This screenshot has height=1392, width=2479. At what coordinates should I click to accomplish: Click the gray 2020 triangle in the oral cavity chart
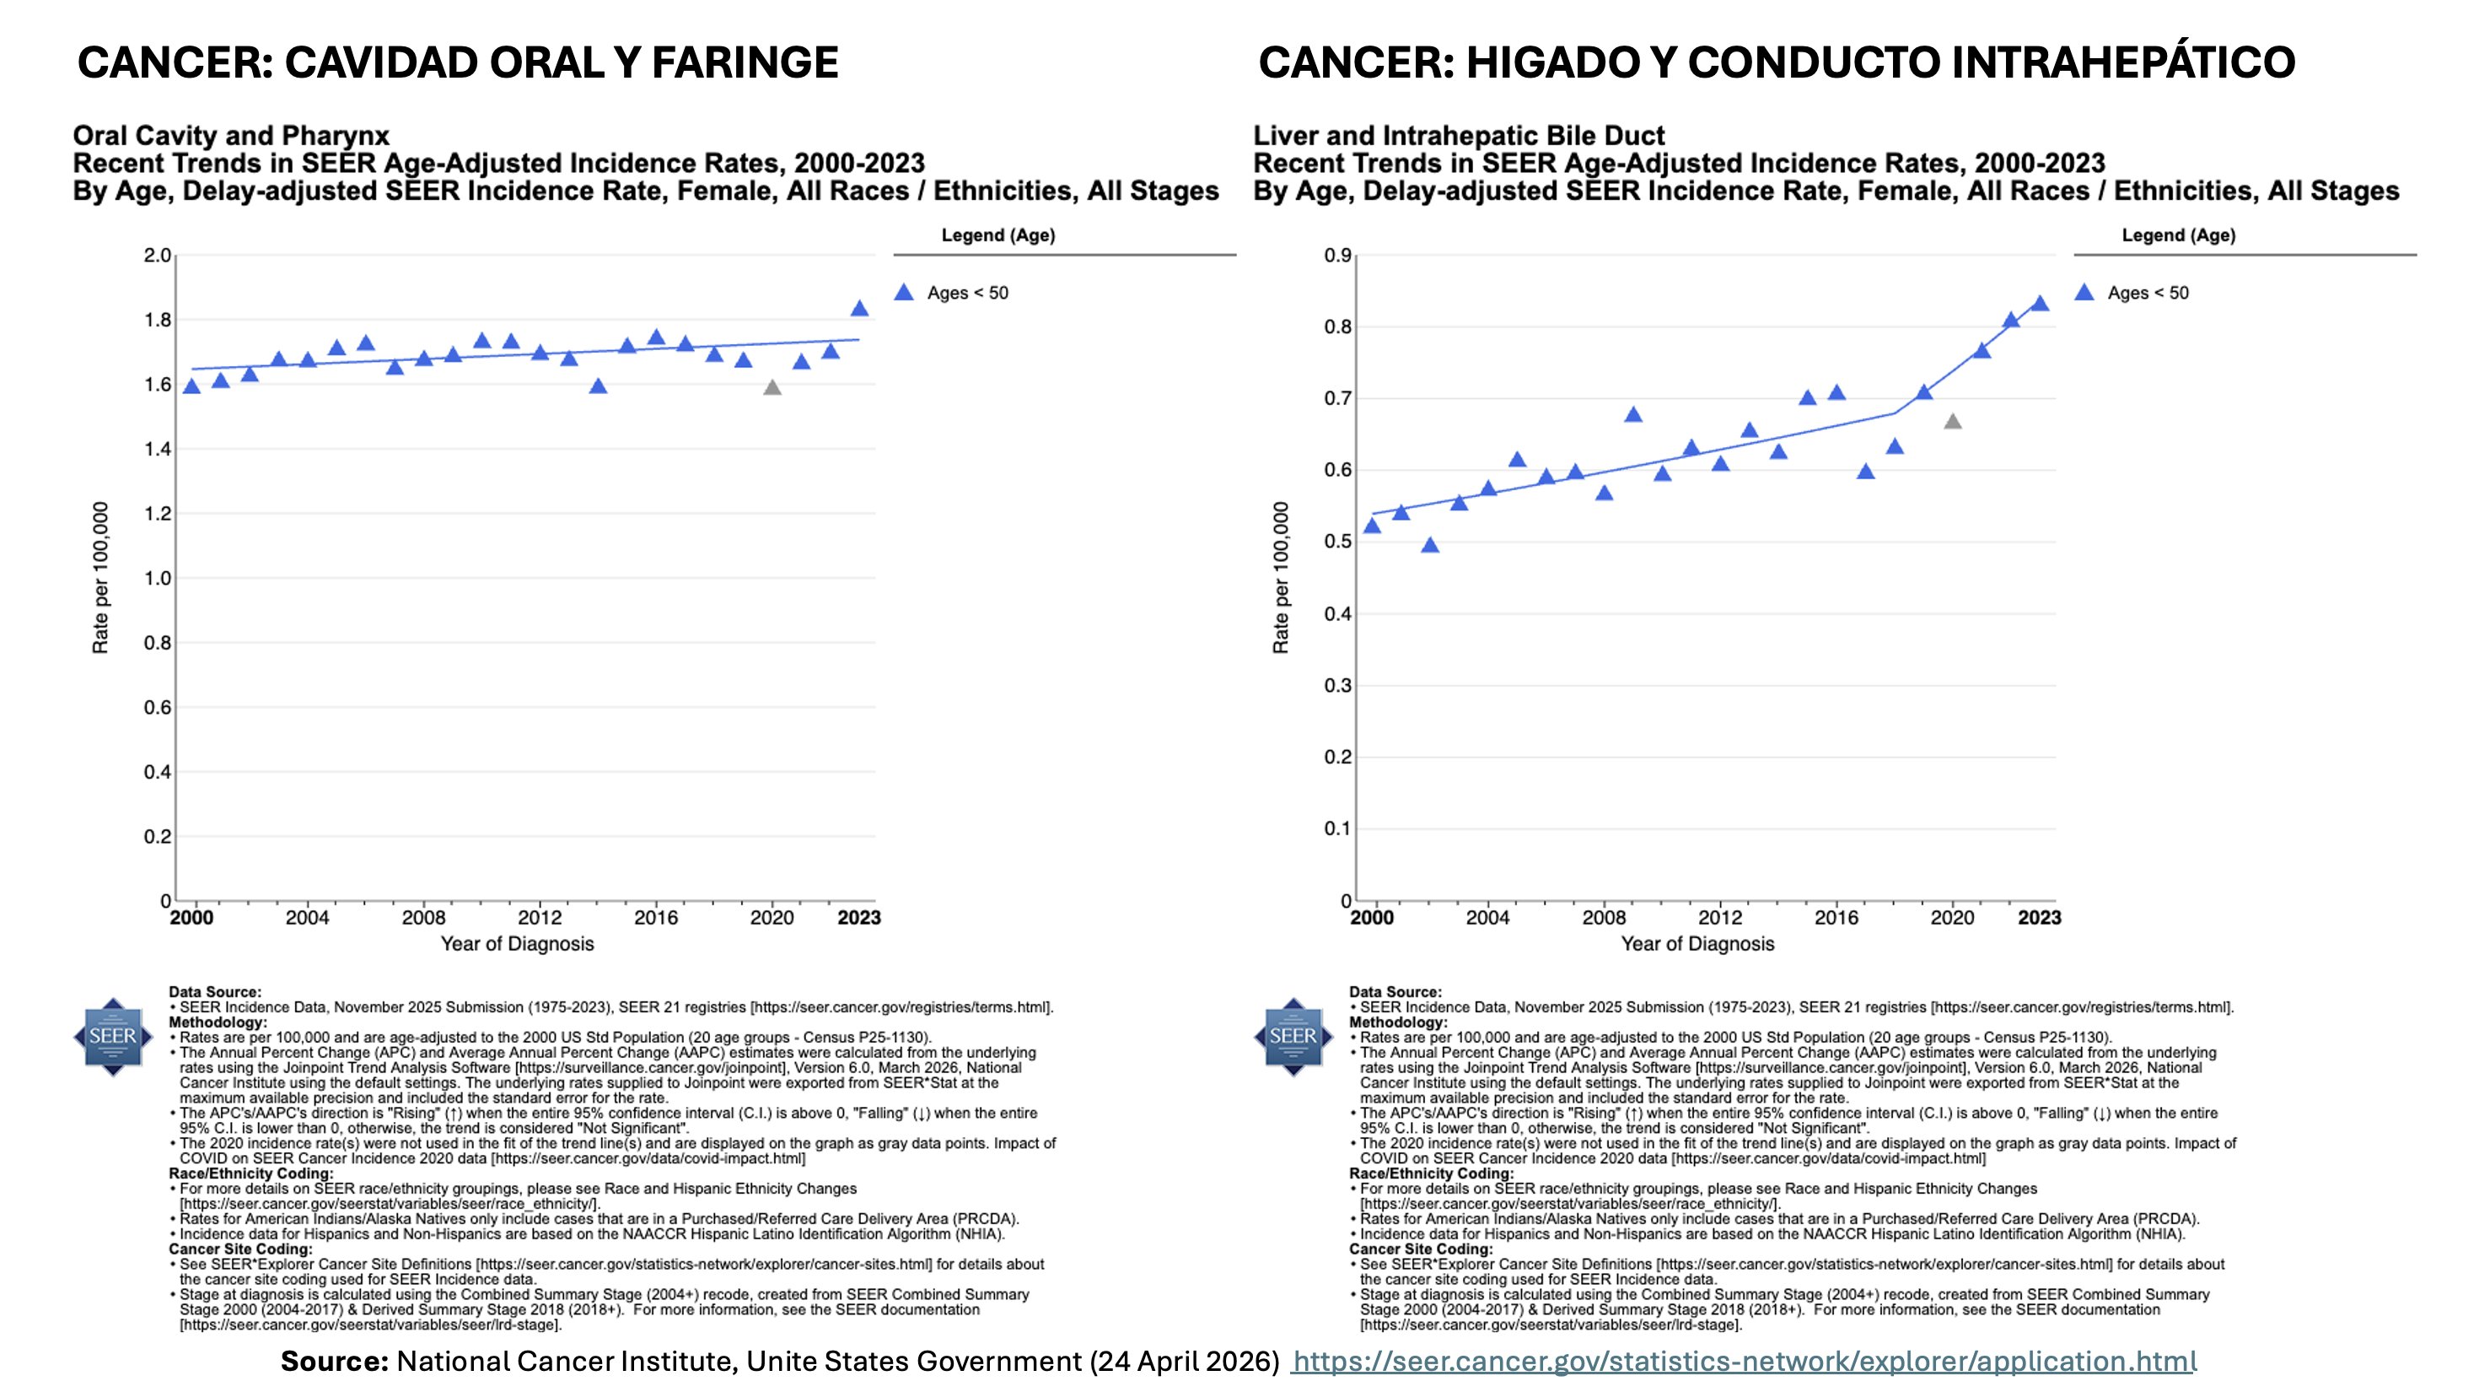(x=772, y=388)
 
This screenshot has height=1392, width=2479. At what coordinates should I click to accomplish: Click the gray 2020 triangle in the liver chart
(x=1953, y=422)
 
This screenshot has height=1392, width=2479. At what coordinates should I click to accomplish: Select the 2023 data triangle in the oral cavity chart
(x=859, y=309)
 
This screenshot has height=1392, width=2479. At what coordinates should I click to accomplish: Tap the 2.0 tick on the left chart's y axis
(x=157, y=255)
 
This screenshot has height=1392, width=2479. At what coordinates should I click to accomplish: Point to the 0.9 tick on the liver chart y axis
(x=1337, y=255)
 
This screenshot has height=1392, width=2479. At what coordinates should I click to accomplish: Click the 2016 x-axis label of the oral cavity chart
(x=655, y=917)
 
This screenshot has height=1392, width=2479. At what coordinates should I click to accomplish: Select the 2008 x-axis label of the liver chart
(x=1605, y=917)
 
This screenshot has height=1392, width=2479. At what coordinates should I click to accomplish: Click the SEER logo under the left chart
(x=113, y=1037)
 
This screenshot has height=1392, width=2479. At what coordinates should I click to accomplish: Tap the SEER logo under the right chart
(x=1293, y=1037)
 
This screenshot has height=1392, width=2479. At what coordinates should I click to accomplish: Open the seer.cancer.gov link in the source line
(x=1744, y=1361)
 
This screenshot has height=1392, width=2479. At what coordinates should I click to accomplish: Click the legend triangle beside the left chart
(x=904, y=293)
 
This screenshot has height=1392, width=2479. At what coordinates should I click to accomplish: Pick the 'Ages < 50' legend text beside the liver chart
(x=2148, y=293)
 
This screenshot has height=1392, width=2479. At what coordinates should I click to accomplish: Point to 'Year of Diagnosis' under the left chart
(x=517, y=943)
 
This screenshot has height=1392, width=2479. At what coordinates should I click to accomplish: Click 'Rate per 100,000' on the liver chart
(x=1281, y=578)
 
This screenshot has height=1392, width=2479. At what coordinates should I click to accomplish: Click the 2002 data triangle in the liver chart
(x=1430, y=546)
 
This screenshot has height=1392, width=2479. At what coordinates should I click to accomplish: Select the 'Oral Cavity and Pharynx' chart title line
(x=231, y=136)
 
